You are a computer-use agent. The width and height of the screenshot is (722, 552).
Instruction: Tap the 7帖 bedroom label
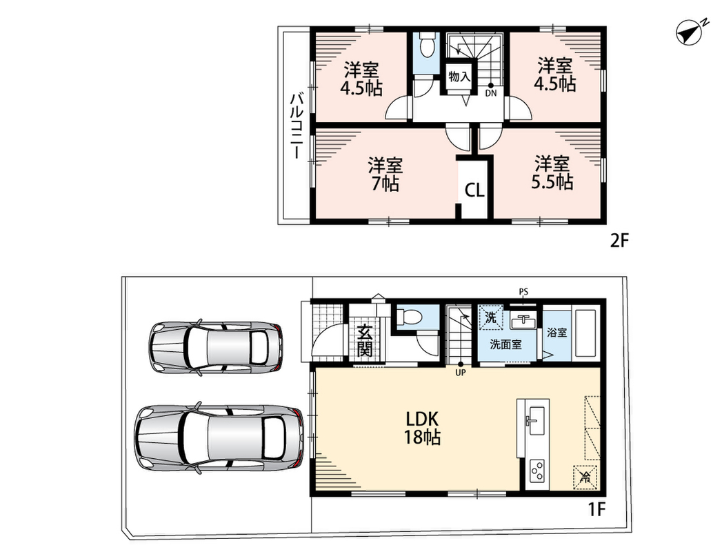pos(385,174)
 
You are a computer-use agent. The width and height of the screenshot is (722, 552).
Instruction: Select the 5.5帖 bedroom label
pos(552,172)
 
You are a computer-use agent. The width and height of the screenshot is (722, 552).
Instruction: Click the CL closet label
pos(474,190)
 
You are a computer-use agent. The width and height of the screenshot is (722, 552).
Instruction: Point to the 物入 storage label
pos(459,77)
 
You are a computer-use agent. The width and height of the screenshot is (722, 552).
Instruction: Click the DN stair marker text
pos(491,93)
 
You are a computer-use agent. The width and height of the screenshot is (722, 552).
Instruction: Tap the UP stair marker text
pos(461,373)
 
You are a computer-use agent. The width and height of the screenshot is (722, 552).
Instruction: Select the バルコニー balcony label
pos(296,126)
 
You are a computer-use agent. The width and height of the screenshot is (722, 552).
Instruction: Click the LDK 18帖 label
pos(422,428)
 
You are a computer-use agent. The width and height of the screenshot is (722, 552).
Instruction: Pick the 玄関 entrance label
pos(364,340)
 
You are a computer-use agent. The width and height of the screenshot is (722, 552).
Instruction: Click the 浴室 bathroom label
pos(556,332)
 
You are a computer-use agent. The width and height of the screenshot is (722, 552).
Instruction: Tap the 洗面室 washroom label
pos(505,344)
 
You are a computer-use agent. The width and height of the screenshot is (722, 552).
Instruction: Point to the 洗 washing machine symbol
pos(491,317)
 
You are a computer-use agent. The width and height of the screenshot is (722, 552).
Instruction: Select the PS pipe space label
pos(523,292)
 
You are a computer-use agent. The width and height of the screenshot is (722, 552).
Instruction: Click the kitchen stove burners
pos(537,472)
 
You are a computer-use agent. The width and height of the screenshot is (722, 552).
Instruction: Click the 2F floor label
pos(619,241)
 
